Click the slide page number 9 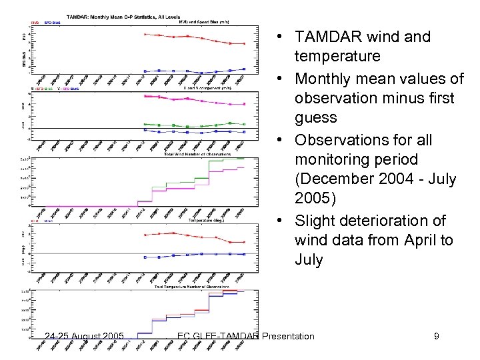(x=436, y=336)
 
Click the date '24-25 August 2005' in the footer (x=82, y=336)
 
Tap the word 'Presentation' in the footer (x=288, y=336)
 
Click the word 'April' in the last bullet (x=401, y=241)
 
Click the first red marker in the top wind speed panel (x=145, y=34)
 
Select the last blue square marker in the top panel (x=245, y=69)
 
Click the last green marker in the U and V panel (x=245, y=124)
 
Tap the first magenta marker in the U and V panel (x=145, y=97)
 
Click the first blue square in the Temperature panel (x=145, y=255)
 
